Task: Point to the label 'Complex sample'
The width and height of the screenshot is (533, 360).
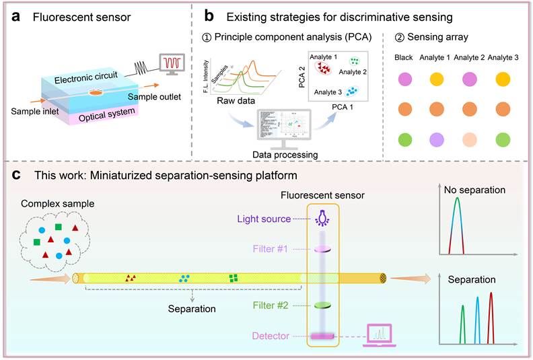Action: tap(50, 203)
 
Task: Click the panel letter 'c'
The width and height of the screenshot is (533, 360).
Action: tap(15, 176)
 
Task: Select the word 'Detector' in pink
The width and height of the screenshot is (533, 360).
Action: tap(270, 335)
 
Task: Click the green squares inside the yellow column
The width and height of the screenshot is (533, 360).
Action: tap(234, 278)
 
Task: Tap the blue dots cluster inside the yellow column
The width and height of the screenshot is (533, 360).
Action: tap(184, 278)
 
